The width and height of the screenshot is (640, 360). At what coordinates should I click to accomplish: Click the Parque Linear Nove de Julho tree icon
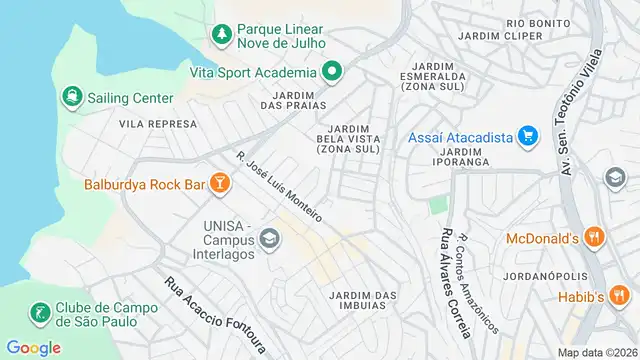tap(221, 34)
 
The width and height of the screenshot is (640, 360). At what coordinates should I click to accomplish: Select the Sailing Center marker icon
tap(72, 97)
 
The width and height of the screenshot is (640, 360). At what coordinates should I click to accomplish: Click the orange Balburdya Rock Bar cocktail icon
tap(220, 184)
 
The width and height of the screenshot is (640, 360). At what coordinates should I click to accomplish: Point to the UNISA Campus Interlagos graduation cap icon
tap(268, 238)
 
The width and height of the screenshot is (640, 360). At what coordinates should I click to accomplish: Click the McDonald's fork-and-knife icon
tap(594, 237)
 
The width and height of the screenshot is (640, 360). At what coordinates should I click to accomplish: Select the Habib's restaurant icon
tap(620, 297)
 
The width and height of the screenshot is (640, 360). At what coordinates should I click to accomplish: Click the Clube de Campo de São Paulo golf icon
tap(40, 314)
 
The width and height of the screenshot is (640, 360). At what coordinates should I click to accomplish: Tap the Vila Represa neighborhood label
tap(157, 123)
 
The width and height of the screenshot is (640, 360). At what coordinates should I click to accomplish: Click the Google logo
tap(33, 347)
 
